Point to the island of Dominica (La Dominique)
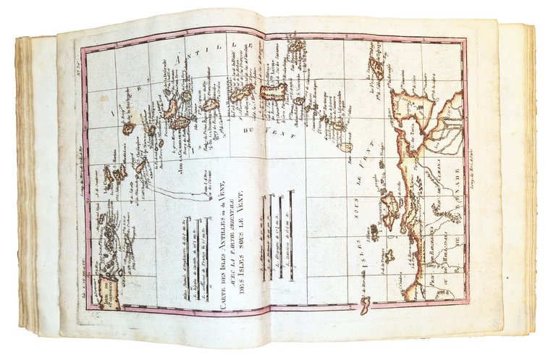tap(209, 105)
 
